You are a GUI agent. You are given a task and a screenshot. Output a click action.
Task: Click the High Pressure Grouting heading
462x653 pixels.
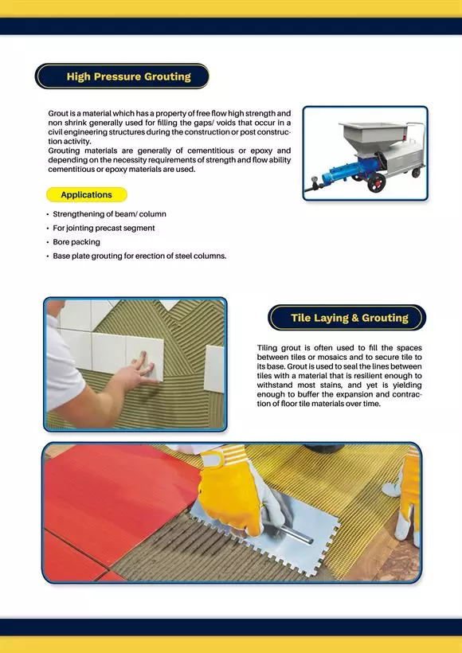tap(129, 76)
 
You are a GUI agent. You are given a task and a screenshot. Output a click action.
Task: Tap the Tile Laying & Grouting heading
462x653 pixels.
tap(350, 318)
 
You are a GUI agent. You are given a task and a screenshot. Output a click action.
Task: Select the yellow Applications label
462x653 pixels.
tap(87, 194)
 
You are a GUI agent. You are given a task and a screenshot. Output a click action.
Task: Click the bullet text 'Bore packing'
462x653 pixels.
tap(76, 242)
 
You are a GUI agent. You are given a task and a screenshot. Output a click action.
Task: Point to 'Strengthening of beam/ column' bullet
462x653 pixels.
tap(109, 214)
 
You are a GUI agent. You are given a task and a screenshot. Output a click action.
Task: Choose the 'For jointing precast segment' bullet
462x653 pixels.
tap(104, 229)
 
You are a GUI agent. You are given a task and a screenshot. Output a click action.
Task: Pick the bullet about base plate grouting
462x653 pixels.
tap(139, 256)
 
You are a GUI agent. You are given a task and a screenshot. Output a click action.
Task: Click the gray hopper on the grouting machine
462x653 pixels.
tap(370, 137)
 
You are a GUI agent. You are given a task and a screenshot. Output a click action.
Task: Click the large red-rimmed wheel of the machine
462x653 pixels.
tap(376, 182)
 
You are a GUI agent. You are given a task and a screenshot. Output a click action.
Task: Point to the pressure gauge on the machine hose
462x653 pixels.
tap(315, 182)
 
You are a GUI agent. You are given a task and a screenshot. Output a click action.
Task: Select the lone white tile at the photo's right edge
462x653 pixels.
tap(214, 369)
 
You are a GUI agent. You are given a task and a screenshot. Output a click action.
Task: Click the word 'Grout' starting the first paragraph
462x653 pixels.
tap(57, 113)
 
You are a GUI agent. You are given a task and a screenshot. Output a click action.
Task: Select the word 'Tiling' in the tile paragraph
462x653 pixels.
tap(267, 348)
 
